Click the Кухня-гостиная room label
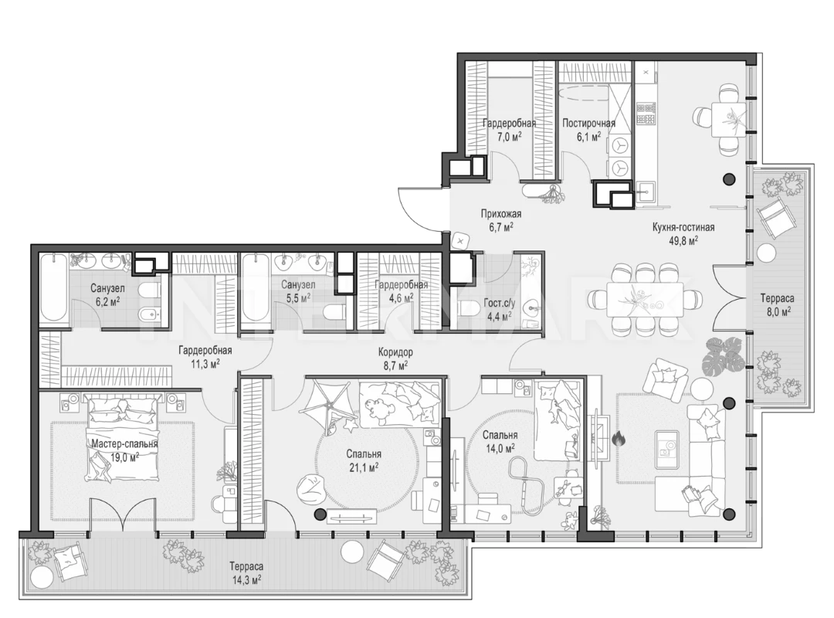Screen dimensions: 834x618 [x=683, y=227]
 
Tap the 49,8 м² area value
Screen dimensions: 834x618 [x=683, y=240]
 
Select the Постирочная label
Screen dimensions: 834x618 [x=588, y=124]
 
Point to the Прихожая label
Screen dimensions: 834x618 [x=500, y=214]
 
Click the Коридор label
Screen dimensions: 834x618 [x=395, y=352]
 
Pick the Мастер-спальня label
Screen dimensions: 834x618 [x=124, y=443]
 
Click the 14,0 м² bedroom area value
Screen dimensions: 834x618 [x=500, y=448]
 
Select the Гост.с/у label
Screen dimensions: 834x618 [x=500, y=304]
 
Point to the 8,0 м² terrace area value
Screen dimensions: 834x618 [x=777, y=311]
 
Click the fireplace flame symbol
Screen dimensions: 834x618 [x=618, y=440]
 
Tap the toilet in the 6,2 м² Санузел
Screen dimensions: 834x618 [x=148, y=290]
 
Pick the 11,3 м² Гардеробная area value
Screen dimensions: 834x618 [x=205, y=364]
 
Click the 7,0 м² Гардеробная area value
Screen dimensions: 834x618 [x=509, y=136]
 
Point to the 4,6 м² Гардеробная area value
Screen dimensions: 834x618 [x=401, y=297]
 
